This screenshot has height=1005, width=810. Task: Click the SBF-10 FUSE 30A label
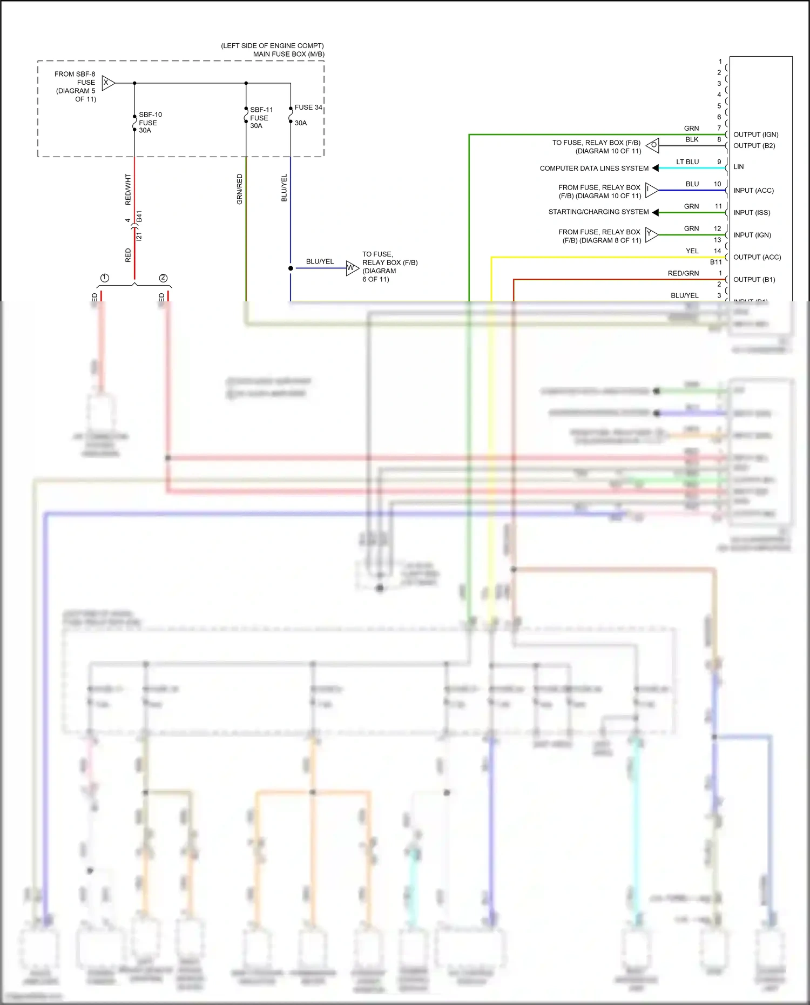tap(150, 123)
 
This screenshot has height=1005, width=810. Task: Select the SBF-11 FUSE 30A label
tap(261, 118)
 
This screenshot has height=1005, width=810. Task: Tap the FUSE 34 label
tap(308, 107)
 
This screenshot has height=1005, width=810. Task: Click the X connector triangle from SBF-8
tap(107, 83)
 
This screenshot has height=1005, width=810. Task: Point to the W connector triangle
tap(352, 268)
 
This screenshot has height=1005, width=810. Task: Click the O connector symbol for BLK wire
tap(653, 145)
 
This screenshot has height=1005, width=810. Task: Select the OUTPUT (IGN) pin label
tap(755, 134)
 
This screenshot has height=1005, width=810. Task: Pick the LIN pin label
tap(738, 167)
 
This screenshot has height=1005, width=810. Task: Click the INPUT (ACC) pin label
tap(753, 191)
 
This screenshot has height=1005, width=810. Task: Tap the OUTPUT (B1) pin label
tap(754, 280)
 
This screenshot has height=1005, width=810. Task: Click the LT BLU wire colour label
tap(687, 162)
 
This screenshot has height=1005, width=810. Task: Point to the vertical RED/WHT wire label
tap(128, 189)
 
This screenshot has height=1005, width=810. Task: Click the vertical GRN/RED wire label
tap(240, 189)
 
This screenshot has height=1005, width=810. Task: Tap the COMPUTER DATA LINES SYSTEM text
tap(594, 168)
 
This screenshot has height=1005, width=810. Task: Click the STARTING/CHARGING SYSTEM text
tap(598, 212)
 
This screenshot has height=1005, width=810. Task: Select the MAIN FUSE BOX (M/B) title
tap(288, 54)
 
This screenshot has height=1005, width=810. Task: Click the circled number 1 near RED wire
tap(105, 278)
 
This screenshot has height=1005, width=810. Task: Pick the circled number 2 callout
tap(163, 278)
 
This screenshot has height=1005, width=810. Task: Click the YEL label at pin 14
tap(692, 251)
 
